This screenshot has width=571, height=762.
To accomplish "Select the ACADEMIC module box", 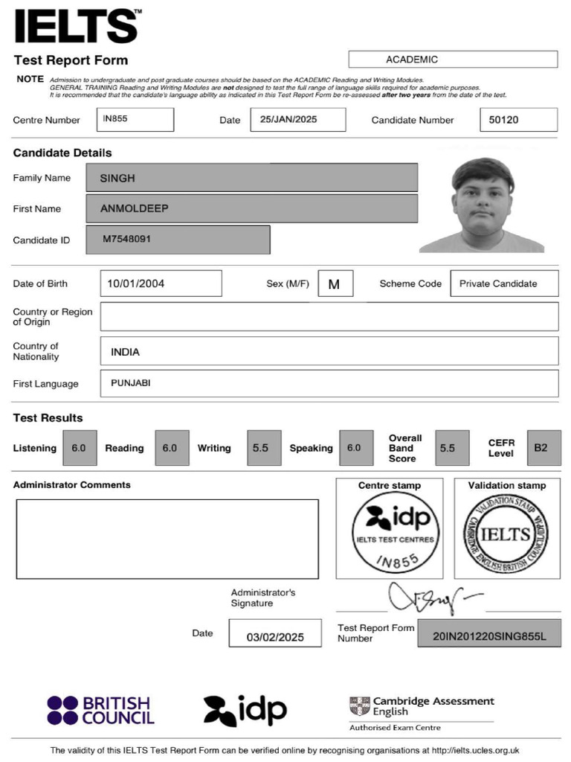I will [x=452, y=60].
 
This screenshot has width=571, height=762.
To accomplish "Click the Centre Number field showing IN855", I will [x=135, y=119].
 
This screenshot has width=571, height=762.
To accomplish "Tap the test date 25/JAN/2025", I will [x=297, y=119].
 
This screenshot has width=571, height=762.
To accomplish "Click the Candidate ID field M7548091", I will [x=178, y=240].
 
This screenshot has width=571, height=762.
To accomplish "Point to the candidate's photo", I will [x=483, y=205].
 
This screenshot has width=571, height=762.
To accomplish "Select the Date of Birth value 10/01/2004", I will [x=161, y=284].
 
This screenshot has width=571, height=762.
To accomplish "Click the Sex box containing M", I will [x=335, y=284].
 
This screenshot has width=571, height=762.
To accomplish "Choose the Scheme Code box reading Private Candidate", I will [x=504, y=284].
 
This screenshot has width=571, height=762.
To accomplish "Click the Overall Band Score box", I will [x=451, y=448].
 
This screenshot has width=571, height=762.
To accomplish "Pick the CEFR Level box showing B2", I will [x=543, y=448].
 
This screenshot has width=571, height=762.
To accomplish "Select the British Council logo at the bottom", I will [x=100, y=711].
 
